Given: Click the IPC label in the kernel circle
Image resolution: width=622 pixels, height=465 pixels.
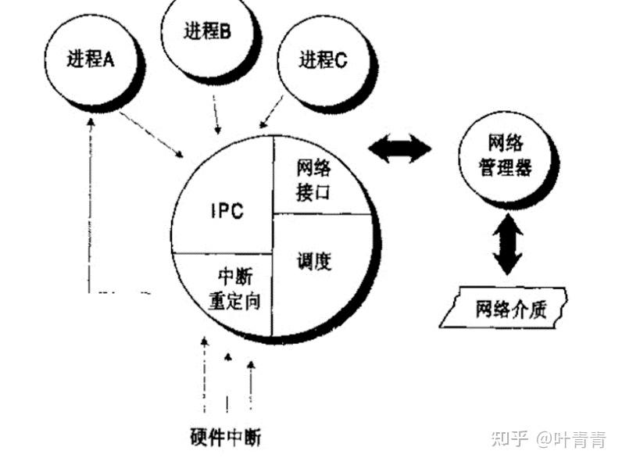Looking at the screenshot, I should (227, 210).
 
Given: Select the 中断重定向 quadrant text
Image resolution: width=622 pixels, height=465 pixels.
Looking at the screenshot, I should (234, 290).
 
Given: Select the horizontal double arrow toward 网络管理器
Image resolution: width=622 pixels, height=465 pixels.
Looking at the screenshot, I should (399, 148).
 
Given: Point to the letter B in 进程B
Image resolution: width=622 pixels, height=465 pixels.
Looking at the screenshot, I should (225, 32).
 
